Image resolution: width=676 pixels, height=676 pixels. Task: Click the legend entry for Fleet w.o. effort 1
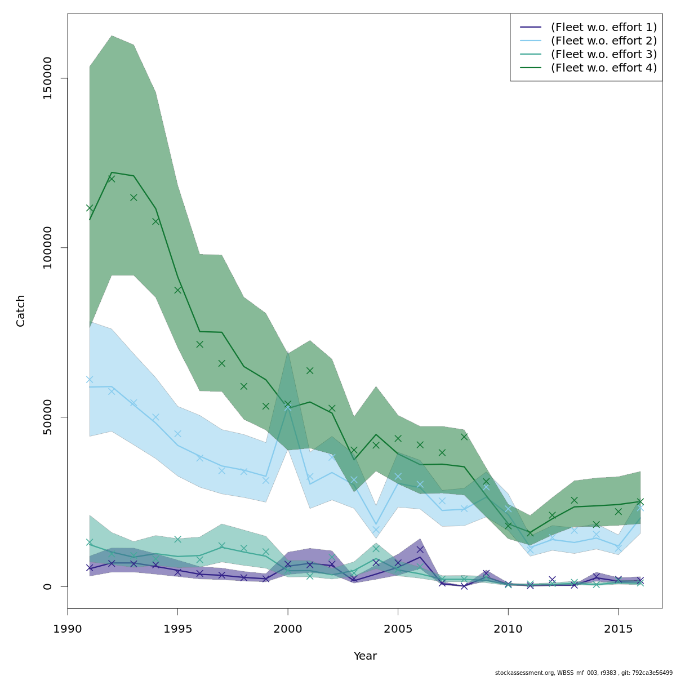(x=603, y=27)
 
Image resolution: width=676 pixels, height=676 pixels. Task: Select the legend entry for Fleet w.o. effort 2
(x=603, y=41)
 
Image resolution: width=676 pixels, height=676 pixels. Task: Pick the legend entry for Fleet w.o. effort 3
(x=603, y=54)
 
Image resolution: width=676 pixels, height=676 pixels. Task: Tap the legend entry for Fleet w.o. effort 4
(x=603, y=68)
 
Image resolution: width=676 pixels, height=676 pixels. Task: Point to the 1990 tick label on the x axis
(x=68, y=628)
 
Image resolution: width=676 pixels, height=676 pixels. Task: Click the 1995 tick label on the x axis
(x=177, y=628)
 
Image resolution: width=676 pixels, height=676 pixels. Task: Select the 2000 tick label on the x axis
(x=288, y=628)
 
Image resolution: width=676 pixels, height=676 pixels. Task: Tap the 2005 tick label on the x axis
(x=398, y=628)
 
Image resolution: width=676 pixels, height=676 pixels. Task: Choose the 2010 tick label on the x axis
(x=508, y=628)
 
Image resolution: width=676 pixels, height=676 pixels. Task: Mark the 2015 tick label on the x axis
(x=618, y=628)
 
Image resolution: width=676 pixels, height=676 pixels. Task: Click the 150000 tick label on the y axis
(x=48, y=78)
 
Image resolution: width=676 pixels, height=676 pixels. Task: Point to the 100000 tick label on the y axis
(x=48, y=248)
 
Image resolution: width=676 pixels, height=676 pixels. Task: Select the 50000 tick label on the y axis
(x=48, y=417)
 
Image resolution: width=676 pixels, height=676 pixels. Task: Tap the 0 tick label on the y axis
(x=48, y=586)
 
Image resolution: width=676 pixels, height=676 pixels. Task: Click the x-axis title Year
(x=365, y=656)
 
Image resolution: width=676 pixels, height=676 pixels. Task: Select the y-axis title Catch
(x=21, y=310)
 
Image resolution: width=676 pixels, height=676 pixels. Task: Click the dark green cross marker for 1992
(x=112, y=179)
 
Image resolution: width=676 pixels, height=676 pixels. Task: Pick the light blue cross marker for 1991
(x=90, y=379)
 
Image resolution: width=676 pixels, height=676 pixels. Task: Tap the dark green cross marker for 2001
(x=310, y=371)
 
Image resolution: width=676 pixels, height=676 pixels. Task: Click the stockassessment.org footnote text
(x=584, y=673)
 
